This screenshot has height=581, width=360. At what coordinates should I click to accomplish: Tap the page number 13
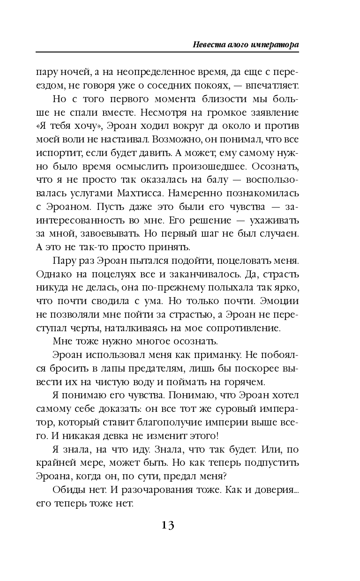click(167, 525)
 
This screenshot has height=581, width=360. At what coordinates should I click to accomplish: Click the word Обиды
click(70, 490)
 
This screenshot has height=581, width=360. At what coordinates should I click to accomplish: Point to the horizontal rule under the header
click(167, 52)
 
